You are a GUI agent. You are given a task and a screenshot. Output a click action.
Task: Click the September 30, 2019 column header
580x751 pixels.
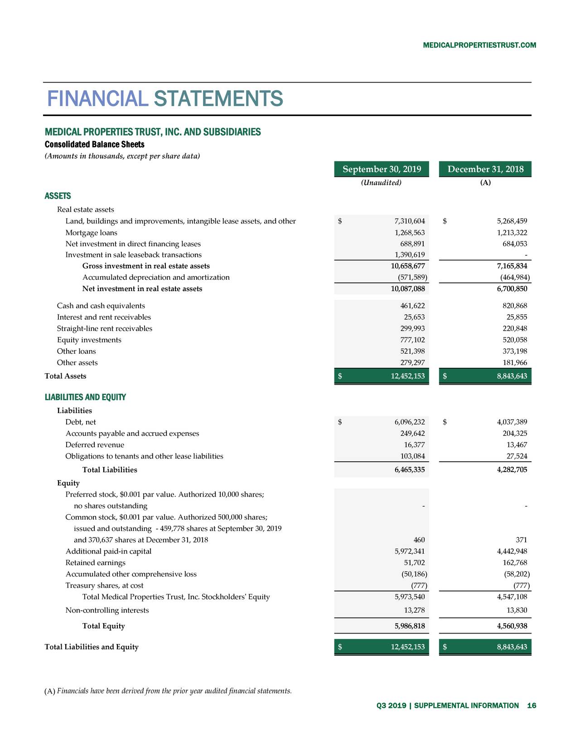(x=382, y=169)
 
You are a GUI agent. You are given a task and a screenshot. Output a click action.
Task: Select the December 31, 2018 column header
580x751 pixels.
(x=485, y=169)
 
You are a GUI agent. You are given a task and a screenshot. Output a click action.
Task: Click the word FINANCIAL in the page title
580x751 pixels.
(x=97, y=98)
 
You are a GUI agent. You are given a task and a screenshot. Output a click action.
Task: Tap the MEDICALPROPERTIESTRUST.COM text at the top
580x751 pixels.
(x=479, y=45)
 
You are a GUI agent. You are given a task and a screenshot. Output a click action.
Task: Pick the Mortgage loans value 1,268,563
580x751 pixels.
(x=409, y=233)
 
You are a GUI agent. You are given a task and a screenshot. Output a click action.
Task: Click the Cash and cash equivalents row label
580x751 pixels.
(x=101, y=306)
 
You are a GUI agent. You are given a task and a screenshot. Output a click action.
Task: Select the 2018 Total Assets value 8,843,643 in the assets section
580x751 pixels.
(x=512, y=376)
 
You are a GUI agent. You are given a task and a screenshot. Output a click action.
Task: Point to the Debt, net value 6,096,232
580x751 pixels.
(x=409, y=422)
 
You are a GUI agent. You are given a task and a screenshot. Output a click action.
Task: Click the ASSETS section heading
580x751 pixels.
(x=58, y=196)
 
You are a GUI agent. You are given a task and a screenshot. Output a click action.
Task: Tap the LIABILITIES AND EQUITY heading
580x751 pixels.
(x=85, y=397)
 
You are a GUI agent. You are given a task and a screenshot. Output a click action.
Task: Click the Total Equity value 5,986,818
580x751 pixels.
(x=409, y=626)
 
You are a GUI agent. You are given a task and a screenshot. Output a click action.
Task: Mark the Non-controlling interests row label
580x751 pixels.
(x=107, y=610)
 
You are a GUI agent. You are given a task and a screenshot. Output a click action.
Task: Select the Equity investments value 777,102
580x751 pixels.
(x=411, y=340)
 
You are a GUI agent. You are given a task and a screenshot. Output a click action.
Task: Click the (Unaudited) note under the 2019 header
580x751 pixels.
(x=381, y=183)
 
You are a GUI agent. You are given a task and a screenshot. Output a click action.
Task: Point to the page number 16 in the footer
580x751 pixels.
(x=532, y=706)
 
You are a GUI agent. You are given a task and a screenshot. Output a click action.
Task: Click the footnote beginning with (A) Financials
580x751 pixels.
(x=168, y=691)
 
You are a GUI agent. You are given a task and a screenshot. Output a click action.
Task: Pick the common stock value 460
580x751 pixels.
(x=419, y=540)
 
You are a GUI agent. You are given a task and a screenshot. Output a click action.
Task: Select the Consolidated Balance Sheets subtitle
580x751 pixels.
(x=94, y=145)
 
